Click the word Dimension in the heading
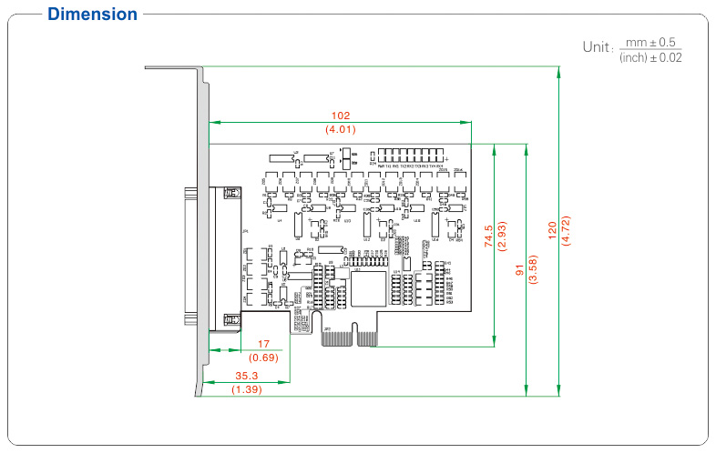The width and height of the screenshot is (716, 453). point(92,15)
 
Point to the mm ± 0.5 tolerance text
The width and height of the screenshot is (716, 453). point(650,42)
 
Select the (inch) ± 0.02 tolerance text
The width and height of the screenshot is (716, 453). point(650,57)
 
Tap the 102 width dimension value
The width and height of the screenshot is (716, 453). point(340,116)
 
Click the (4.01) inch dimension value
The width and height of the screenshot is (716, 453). point(340,129)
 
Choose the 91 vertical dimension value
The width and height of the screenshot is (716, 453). point(521,270)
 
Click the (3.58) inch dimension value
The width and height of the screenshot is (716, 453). point(534,270)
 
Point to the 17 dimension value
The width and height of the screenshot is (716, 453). point(264,344)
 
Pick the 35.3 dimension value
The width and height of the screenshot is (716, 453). point(246,375)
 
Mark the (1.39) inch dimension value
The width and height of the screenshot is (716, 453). point(246,388)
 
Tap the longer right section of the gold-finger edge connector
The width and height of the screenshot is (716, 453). point(366,337)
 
